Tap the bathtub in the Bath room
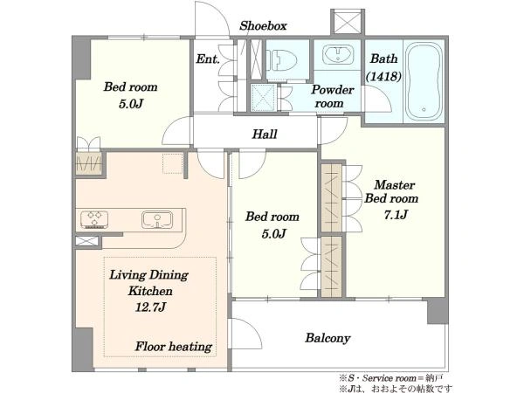coord(424,81)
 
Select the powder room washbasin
coord(337,55)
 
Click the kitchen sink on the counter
coord(157,219)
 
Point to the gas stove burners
coord(94,219)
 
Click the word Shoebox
coord(263,25)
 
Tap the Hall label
coord(265,134)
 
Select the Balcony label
coord(327,338)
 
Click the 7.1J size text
coord(396,215)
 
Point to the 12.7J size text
coord(150,307)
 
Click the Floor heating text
coord(174,347)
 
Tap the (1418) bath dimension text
coord(383,77)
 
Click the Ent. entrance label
coord(208,59)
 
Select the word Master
coord(395,185)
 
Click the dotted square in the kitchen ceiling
coord(172,163)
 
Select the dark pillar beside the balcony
coord(438,311)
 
